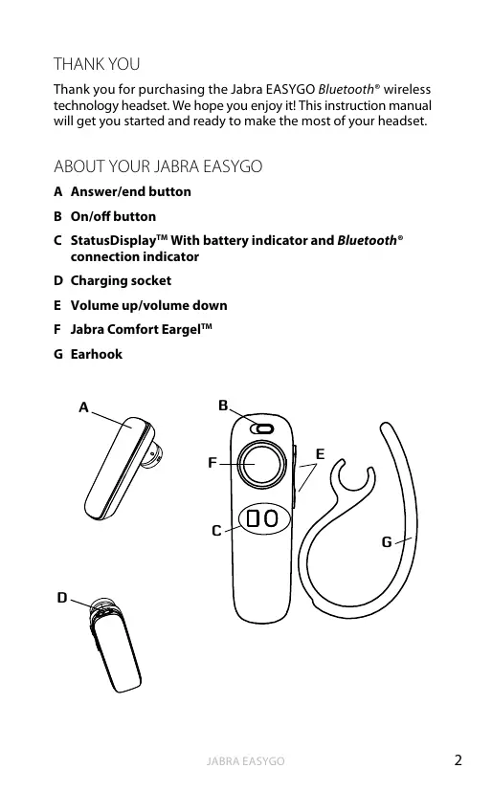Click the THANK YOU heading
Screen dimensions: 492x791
pos(97,64)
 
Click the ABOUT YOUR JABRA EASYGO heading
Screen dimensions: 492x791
pos(158,166)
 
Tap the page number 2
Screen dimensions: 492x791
pos(458,760)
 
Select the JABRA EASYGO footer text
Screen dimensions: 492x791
pos(245,760)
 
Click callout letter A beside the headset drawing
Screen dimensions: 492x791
pos(84,407)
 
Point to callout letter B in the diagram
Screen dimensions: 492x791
pos(223,406)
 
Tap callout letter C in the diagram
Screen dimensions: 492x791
pos(216,531)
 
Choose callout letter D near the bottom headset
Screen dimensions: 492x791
pos(62,598)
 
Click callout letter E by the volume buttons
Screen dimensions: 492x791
pos(320,454)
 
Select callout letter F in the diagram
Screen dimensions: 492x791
pos(212,463)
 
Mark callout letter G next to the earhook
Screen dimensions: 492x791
pos(387,541)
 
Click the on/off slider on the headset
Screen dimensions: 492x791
pos(262,428)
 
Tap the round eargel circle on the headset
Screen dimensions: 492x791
pos(261,464)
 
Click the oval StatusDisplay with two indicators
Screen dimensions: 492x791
pos(264,518)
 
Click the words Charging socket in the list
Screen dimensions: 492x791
pos(122,280)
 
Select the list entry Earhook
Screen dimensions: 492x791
pos(97,354)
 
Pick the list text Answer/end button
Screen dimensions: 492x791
pos(131,191)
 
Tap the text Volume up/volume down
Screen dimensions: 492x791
pos(149,305)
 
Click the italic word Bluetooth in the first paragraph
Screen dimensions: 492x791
pos(347,89)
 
